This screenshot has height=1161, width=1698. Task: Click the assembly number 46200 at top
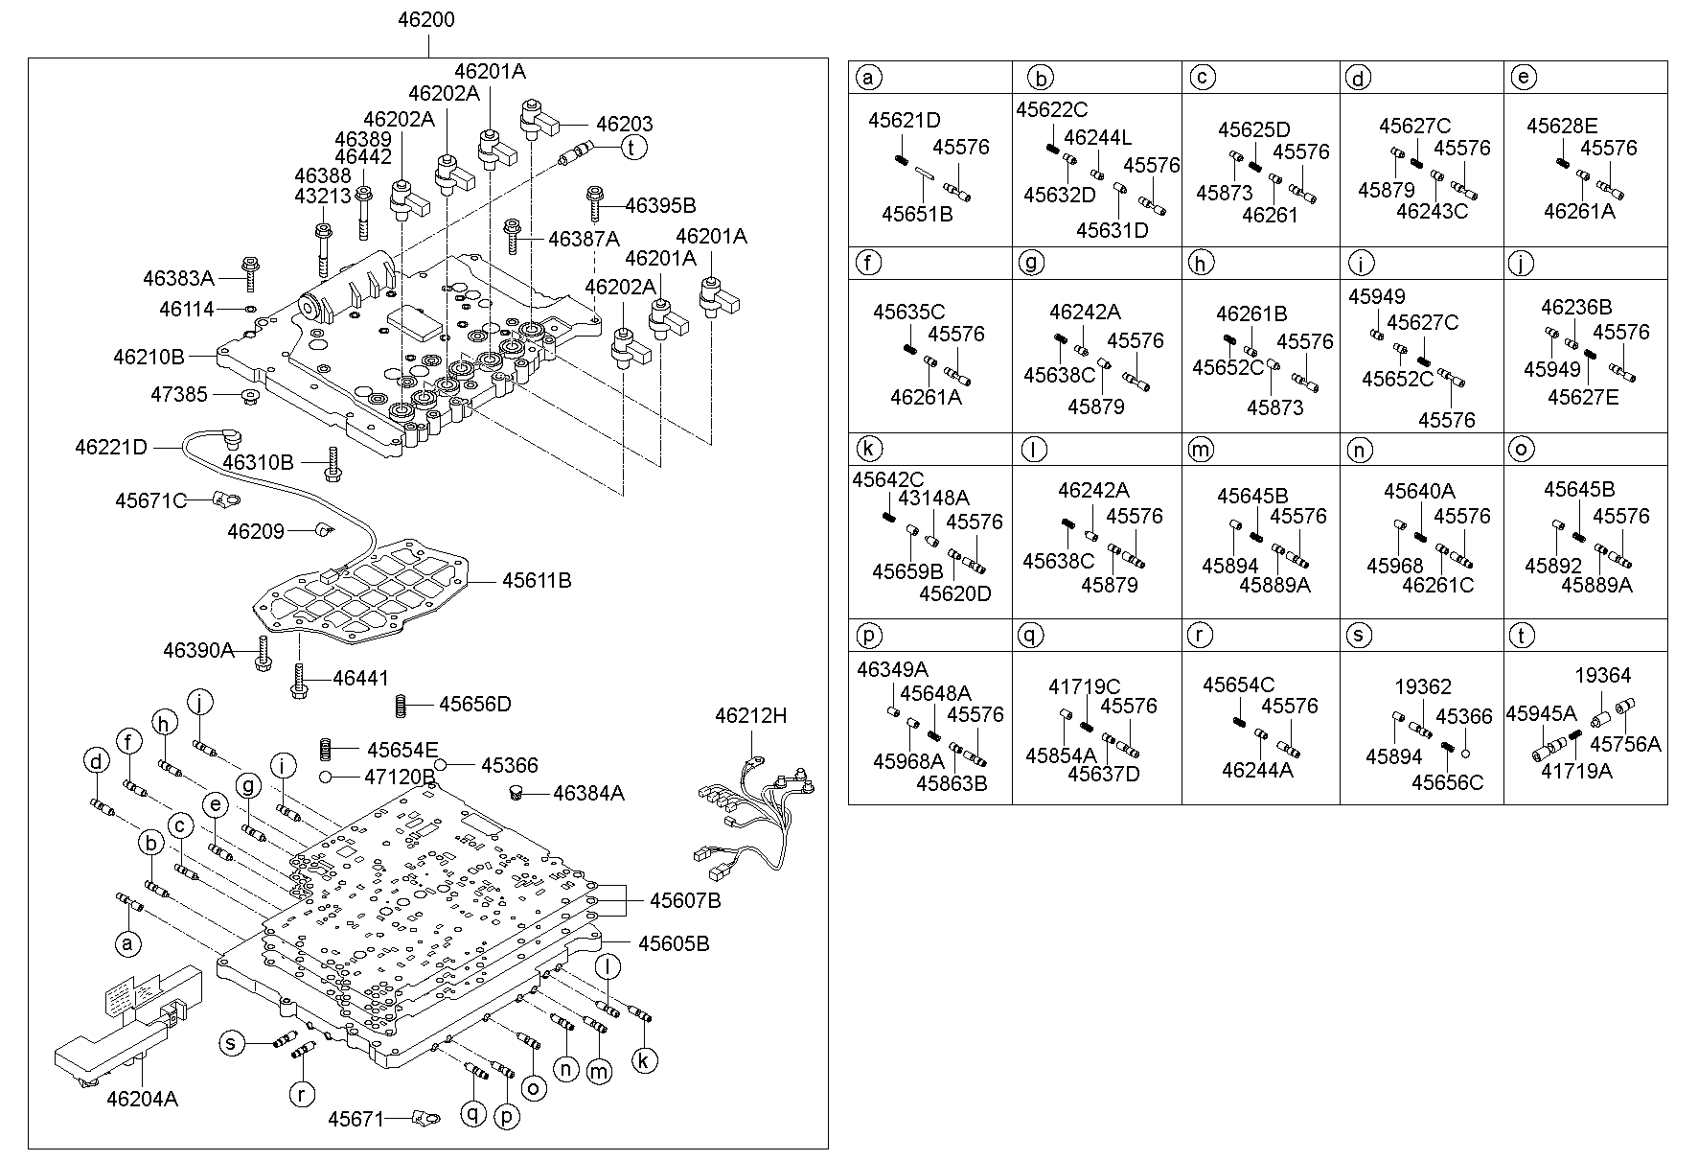click(426, 20)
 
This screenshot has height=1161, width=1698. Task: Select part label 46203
click(624, 125)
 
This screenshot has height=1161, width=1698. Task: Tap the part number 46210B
click(149, 357)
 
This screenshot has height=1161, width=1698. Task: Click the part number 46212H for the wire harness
click(750, 715)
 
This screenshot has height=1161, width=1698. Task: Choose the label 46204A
click(142, 1099)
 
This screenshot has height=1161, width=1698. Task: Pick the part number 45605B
click(675, 943)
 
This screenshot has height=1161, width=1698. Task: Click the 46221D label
click(111, 447)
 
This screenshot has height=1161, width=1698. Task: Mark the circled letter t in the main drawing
click(633, 148)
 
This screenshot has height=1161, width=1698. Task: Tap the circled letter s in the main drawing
click(231, 1043)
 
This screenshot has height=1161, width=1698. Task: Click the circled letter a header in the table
click(867, 78)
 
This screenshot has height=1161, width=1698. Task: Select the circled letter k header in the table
click(867, 449)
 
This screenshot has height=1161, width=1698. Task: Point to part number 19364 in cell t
click(1603, 676)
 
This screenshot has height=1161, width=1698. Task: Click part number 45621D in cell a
click(905, 121)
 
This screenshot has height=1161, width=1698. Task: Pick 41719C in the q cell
click(1084, 687)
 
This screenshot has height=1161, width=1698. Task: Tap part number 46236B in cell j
click(1576, 308)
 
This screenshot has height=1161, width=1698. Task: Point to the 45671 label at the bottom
click(356, 1119)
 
